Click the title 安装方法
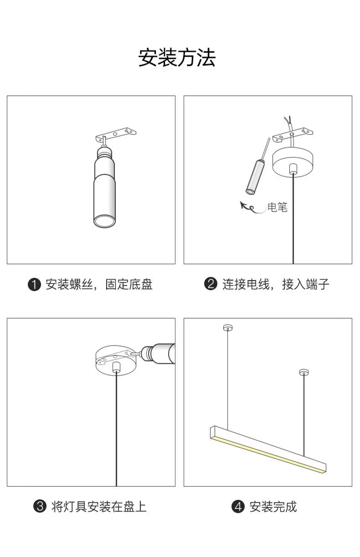tap(177, 58)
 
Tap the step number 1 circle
tap(34, 285)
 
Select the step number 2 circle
tap(210, 284)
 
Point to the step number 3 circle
tap(41, 506)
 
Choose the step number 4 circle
tap(238, 506)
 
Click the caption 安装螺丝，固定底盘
tap(99, 285)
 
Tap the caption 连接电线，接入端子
tap(276, 285)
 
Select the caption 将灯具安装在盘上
tap(99, 506)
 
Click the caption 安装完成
tap(273, 506)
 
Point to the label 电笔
tap(278, 207)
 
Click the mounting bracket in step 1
tap(116, 134)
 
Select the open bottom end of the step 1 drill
tap(104, 222)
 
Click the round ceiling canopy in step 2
tap(293, 162)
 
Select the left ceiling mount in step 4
tap(227, 328)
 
